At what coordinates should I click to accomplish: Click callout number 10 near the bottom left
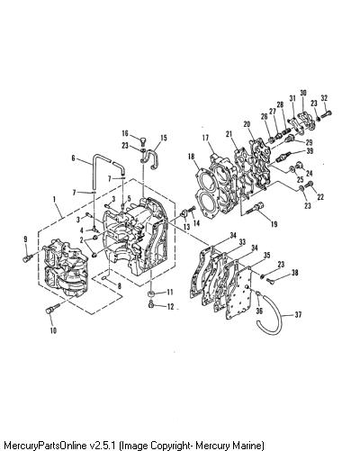tap(53, 330)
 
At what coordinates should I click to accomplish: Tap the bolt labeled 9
tap(29, 257)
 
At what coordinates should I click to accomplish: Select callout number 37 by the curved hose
tap(298, 315)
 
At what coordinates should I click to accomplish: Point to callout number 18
tap(191, 157)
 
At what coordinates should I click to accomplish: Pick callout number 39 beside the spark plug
tap(310, 150)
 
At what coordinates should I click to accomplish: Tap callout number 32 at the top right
tap(324, 98)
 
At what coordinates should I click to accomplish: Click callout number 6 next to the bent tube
tap(74, 158)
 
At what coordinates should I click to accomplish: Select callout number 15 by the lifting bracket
tap(164, 138)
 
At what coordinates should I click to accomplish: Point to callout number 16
tap(125, 133)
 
